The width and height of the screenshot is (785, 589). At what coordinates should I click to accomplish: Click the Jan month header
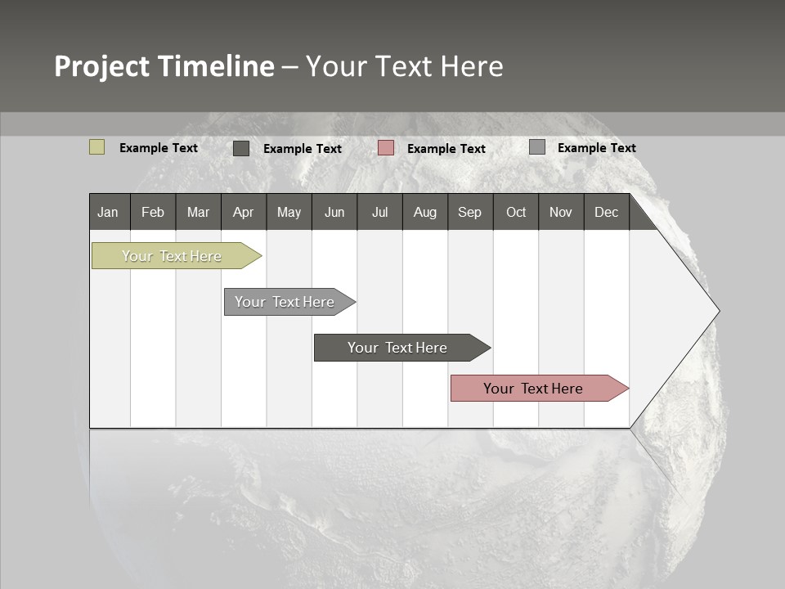click(x=109, y=212)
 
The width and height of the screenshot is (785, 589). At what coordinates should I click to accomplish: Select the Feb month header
click(x=153, y=212)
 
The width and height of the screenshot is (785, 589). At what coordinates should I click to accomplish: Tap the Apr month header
click(x=244, y=212)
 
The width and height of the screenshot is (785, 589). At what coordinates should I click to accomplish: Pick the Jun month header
click(x=334, y=212)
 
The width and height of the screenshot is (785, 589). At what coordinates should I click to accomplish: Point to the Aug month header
click(x=425, y=212)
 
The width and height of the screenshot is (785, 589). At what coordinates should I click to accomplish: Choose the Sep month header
click(x=470, y=212)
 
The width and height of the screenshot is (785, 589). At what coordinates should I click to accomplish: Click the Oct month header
click(x=516, y=212)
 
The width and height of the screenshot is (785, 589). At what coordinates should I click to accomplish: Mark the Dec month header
click(x=607, y=212)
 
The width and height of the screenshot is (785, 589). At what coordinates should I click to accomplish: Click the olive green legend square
click(x=97, y=147)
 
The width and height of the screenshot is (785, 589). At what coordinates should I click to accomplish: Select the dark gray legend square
click(x=241, y=148)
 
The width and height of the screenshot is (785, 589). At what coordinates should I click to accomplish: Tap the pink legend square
click(x=386, y=148)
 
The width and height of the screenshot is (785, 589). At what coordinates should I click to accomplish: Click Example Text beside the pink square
click(x=446, y=149)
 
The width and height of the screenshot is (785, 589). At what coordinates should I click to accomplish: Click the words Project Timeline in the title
click(x=164, y=66)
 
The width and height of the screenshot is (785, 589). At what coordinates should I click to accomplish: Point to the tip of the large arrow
click(x=717, y=311)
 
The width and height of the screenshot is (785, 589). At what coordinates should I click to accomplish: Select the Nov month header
click(x=561, y=212)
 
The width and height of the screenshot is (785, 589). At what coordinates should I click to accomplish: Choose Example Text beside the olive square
click(x=159, y=148)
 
